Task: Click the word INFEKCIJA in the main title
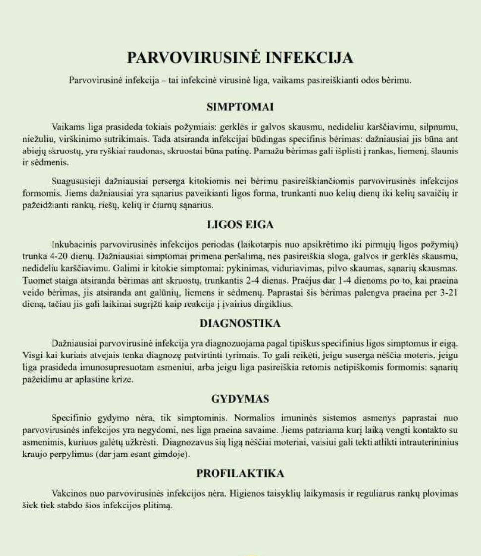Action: pyautogui.click(x=309, y=58)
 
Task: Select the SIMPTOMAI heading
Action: pyautogui.click(x=240, y=107)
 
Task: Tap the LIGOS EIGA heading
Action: pyautogui.click(x=240, y=225)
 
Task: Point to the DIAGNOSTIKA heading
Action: pyautogui.click(x=240, y=324)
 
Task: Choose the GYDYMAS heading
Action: pyautogui.click(x=240, y=399)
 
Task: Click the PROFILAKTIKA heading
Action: pyautogui.click(x=240, y=473)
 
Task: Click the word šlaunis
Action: pyautogui.click(x=445, y=151)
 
